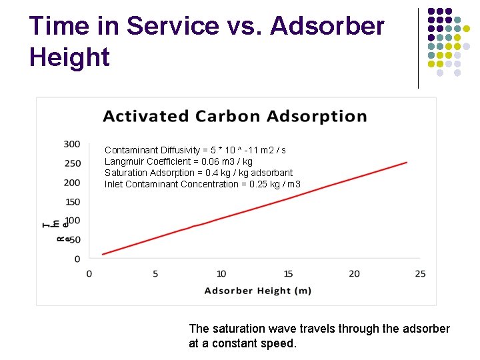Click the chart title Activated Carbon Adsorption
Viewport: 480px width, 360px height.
235,116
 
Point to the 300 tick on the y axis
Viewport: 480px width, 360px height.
72,144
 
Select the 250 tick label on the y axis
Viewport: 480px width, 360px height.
72,163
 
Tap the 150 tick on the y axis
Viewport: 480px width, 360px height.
72,202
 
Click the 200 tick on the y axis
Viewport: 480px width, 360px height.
72,183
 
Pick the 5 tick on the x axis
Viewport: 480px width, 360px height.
155,273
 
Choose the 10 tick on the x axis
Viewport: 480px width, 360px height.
221,273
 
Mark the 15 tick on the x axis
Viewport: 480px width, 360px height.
288,273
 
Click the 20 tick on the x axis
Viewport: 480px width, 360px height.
354,273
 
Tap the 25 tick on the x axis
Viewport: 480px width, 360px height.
420,273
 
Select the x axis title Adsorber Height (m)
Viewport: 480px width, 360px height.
257,291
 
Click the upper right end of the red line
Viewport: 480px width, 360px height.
407,162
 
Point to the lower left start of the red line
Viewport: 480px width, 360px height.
103,254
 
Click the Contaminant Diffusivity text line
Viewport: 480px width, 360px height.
195,150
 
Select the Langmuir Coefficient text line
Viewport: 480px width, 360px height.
179,161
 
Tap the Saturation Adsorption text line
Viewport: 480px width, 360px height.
199,173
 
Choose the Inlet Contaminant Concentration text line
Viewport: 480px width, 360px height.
203,184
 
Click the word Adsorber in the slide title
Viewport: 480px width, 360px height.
327,26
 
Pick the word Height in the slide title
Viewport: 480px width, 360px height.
69,57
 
